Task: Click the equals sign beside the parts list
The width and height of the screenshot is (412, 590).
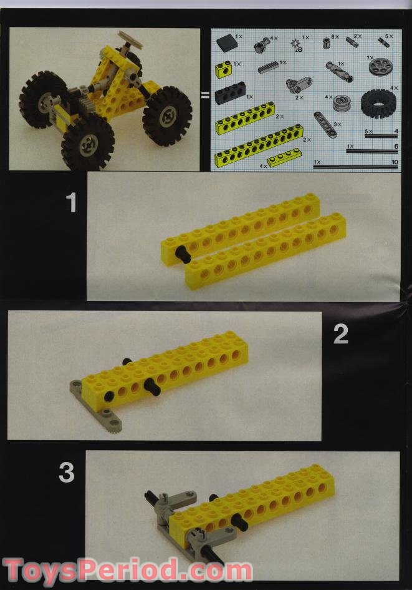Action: [204, 96]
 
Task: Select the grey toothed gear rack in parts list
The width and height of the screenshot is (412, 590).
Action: [268, 66]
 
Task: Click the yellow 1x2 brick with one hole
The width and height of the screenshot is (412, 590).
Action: [224, 69]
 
